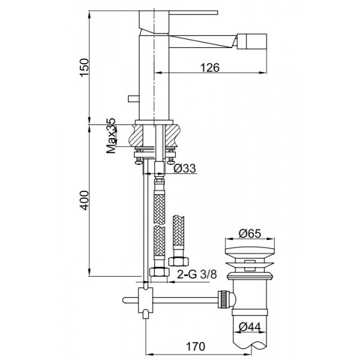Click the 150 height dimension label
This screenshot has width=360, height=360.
[84, 67]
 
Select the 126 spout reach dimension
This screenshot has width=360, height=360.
[210, 67]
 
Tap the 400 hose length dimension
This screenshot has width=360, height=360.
[84, 200]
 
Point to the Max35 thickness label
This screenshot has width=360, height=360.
[111, 136]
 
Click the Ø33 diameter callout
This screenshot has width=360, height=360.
[185, 168]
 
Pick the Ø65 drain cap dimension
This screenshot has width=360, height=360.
[250, 234]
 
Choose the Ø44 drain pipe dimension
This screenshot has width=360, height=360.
[250, 326]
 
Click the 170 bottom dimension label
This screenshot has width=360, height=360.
[196, 346]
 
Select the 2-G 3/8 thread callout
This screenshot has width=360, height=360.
[197, 274]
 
